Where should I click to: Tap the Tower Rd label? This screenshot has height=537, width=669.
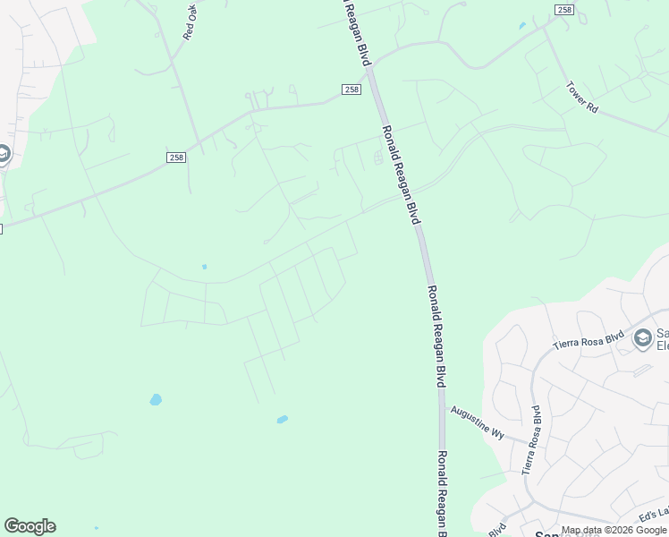click(581, 97)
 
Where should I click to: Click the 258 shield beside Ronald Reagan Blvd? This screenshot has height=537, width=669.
click(351, 89)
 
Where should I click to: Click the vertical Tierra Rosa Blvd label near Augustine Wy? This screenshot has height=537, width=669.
click(531, 439)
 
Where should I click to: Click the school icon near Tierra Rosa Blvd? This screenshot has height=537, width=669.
click(642, 338)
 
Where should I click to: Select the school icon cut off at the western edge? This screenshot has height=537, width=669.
click(3, 155)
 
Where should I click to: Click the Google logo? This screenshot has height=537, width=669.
click(30, 526)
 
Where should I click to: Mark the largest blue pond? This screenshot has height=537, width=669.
click(156, 399)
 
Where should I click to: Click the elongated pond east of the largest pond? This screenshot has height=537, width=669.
click(283, 419)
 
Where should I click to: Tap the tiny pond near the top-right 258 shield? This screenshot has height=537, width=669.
click(521, 26)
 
